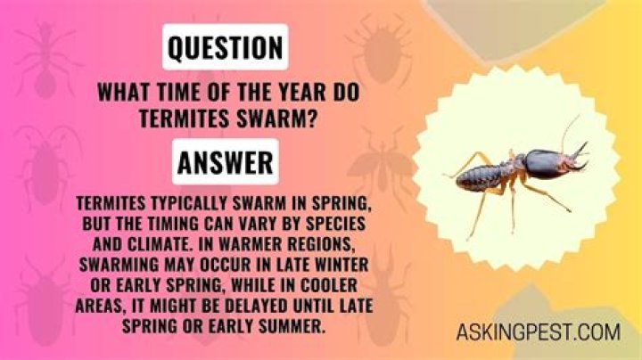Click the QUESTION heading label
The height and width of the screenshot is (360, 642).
pyautogui.click(x=226, y=47)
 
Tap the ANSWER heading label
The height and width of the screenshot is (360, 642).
pyautogui.click(x=226, y=162)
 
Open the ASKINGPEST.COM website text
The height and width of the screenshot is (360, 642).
pyautogui.click(x=539, y=331)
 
